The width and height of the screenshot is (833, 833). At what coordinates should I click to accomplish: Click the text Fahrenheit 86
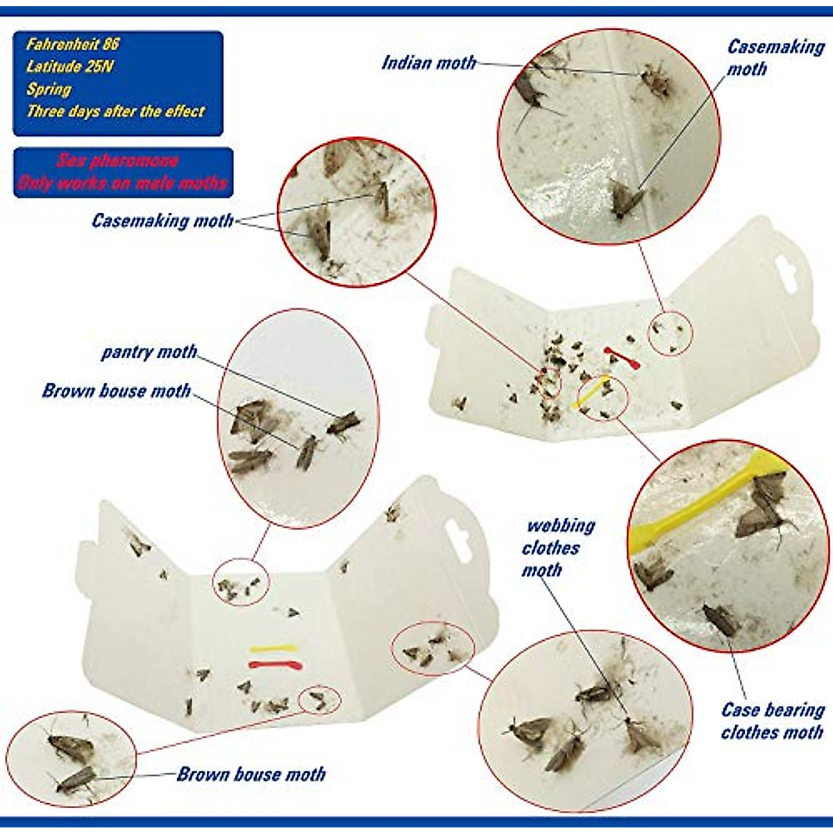coord(73,44)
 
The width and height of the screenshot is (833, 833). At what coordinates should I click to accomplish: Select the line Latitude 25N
coord(69,67)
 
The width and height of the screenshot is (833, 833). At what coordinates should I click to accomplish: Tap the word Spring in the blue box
coord(49,89)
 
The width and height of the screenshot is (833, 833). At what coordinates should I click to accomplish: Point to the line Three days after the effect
coord(115,111)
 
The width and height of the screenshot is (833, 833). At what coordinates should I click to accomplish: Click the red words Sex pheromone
coord(118,161)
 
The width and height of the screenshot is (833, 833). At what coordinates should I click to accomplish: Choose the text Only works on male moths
coord(123,183)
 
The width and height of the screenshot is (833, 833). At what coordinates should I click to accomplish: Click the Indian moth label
coord(428,62)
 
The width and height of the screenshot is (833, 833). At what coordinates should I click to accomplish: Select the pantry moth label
coord(149,351)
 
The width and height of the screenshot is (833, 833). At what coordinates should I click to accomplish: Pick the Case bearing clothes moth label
coord(772,721)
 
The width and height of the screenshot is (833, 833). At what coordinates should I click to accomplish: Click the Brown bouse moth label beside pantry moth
coord(116,391)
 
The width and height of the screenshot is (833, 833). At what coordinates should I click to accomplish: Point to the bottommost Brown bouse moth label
coord(251,774)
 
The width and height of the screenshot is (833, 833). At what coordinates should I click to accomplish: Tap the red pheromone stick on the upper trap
coord(622,357)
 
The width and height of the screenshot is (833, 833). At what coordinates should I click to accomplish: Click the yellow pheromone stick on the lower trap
coord(274,649)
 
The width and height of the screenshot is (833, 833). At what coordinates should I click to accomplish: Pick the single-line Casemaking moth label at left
coord(162,221)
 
